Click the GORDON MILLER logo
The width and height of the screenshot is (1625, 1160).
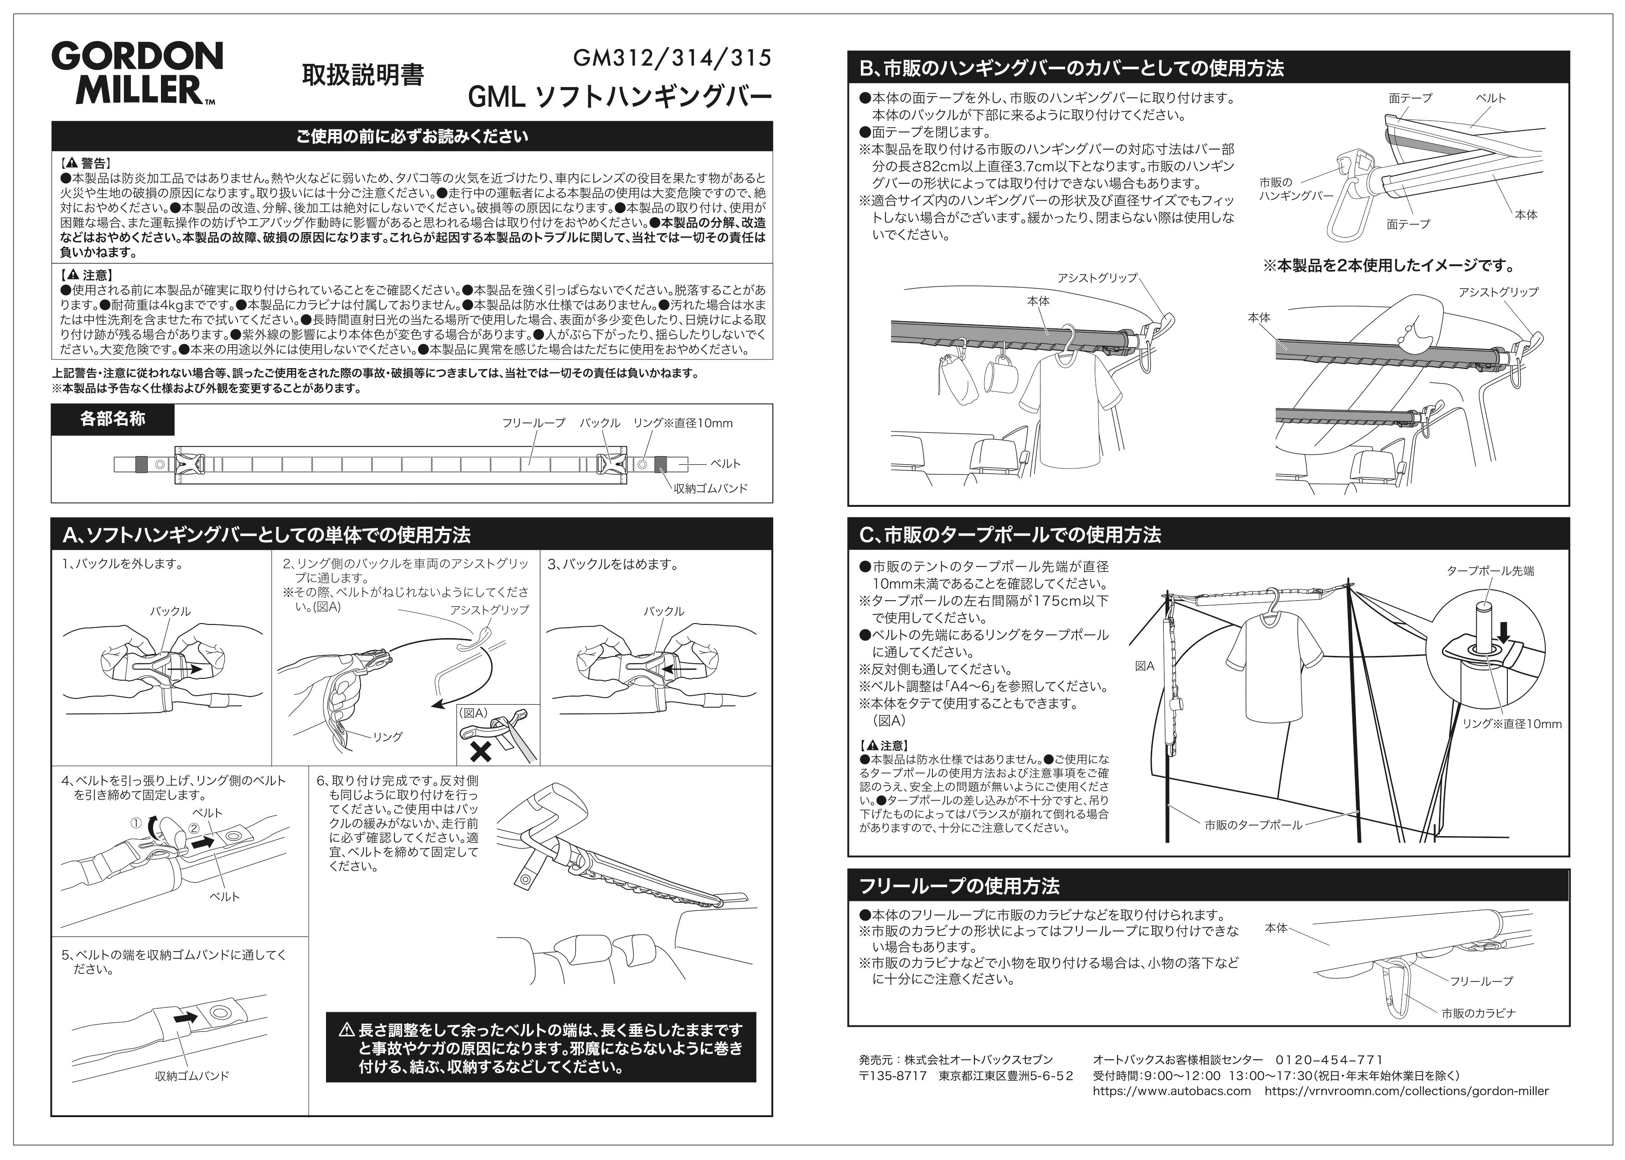coord(137,73)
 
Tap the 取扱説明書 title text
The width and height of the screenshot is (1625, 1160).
coord(362,75)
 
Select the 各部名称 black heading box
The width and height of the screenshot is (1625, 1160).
coord(113,419)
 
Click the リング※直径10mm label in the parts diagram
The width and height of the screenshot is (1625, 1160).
coord(683,423)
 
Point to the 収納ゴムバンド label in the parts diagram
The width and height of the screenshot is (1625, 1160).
coord(710,489)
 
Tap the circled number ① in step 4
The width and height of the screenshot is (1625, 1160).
coord(135,823)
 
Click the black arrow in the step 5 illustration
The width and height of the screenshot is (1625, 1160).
coord(186,1016)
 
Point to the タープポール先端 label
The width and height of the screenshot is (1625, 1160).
coord(1490,571)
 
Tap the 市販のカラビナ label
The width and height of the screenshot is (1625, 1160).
coord(1479,1013)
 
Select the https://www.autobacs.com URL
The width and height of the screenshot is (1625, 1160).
coord(1172,1091)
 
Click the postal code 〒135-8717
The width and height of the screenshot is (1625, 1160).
coord(892,1076)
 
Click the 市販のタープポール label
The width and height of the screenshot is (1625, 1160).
coord(1253,825)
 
